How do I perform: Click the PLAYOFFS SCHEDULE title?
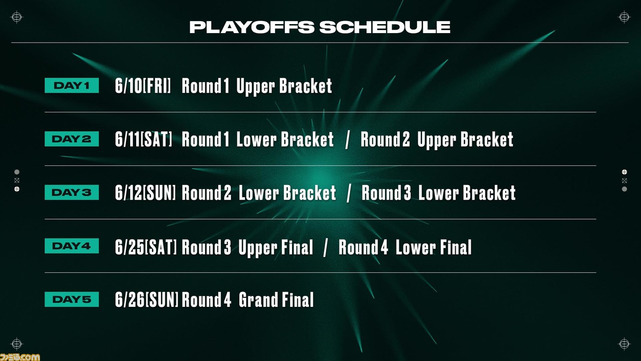[x=320, y=27]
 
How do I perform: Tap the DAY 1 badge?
[x=72, y=85]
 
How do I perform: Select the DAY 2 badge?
[x=72, y=139]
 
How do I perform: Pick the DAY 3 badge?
[x=72, y=192]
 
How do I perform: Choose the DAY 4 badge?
[x=72, y=246]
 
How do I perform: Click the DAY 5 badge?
[x=72, y=299]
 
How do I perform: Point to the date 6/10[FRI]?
[x=143, y=86]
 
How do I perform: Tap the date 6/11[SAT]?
[x=144, y=139]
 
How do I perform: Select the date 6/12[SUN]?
[x=145, y=193]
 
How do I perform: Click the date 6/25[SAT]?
[x=146, y=247]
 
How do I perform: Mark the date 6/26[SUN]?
[x=147, y=300]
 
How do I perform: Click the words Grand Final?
[x=276, y=300]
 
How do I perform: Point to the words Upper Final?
[x=275, y=248]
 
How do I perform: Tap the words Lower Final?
[x=434, y=247]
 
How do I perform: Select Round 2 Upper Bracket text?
[x=437, y=140]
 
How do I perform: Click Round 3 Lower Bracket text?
[x=438, y=193]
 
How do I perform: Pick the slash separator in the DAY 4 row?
[x=326, y=248]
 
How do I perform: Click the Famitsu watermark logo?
[x=20, y=357]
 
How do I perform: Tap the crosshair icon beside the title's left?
[x=17, y=17]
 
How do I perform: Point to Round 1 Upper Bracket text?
[x=257, y=86]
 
